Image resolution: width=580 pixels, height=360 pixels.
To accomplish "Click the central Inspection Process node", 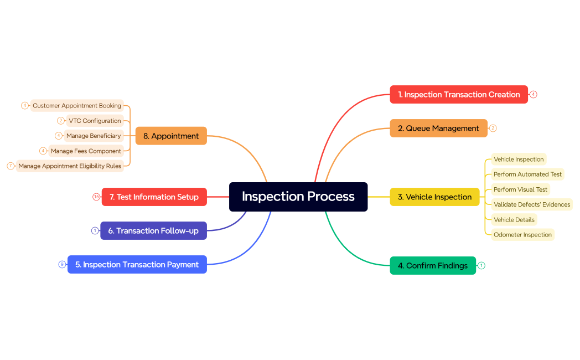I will [x=298, y=197].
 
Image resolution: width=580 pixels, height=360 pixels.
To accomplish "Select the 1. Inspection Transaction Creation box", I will [x=459, y=95].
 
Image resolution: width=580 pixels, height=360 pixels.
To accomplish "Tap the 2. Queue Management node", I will [x=438, y=128].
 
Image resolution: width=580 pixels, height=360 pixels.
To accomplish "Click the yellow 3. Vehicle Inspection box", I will [x=434, y=197].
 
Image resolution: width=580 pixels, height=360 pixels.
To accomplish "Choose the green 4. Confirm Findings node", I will [x=433, y=266].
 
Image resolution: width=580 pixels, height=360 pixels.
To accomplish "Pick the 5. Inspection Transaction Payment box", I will [x=137, y=265].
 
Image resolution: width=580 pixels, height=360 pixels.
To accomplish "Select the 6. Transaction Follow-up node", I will [x=153, y=231].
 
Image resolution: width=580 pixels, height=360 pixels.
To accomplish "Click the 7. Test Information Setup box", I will [x=154, y=197].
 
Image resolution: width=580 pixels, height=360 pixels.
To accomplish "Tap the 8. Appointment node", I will [x=171, y=136].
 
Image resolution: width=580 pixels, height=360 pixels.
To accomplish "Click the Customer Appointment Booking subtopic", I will [x=77, y=106].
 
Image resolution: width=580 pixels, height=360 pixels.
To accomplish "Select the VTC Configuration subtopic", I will [x=95, y=121].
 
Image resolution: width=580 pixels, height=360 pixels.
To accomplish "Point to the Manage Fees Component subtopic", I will [x=86, y=151].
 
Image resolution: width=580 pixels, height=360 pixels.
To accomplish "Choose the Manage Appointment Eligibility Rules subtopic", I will [x=70, y=166].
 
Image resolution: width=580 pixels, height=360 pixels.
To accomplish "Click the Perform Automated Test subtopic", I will [x=527, y=174].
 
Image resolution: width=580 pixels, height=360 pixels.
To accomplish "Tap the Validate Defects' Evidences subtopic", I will [x=532, y=204].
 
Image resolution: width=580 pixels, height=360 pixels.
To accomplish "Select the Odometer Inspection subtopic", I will [x=522, y=235].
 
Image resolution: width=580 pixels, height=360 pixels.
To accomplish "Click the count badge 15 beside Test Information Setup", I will [x=96, y=197].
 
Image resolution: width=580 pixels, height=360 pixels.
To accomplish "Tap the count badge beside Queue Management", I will [x=493, y=128].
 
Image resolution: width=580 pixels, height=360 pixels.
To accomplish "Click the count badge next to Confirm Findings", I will [x=481, y=266].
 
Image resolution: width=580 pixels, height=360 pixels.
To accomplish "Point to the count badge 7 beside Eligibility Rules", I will [x=11, y=166].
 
